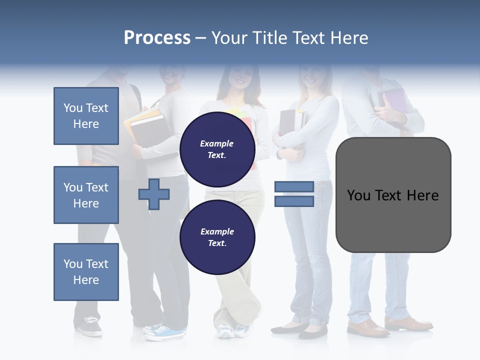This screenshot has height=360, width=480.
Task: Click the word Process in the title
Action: (157, 38)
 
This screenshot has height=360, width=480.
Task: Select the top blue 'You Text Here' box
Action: (86, 116)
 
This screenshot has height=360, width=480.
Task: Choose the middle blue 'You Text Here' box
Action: (86, 195)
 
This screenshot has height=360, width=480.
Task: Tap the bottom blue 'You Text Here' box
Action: (86, 272)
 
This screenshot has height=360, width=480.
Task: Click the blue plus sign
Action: (154, 193)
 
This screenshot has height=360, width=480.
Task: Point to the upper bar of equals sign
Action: (294, 186)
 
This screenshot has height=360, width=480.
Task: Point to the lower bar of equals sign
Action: (294, 201)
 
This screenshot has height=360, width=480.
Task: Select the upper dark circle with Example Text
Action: (217, 149)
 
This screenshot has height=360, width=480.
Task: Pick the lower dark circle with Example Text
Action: (217, 237)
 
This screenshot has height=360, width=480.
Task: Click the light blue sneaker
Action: (167, 331)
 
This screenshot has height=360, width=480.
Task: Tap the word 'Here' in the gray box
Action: (422, 195)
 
